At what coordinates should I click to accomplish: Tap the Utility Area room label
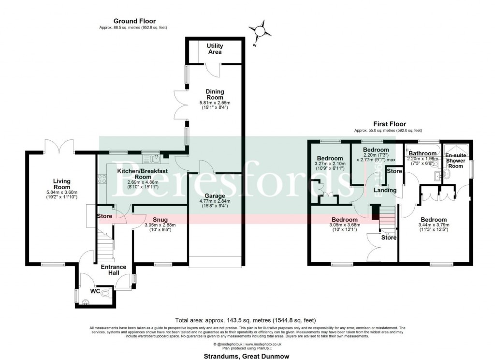[x=215, y=48]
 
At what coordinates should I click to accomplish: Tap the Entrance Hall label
[x=113, y=270]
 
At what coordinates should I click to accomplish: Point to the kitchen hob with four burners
[x=102, y=180]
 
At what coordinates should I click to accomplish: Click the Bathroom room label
[x=422, y=153]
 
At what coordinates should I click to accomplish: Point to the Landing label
[x=385, y=191]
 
